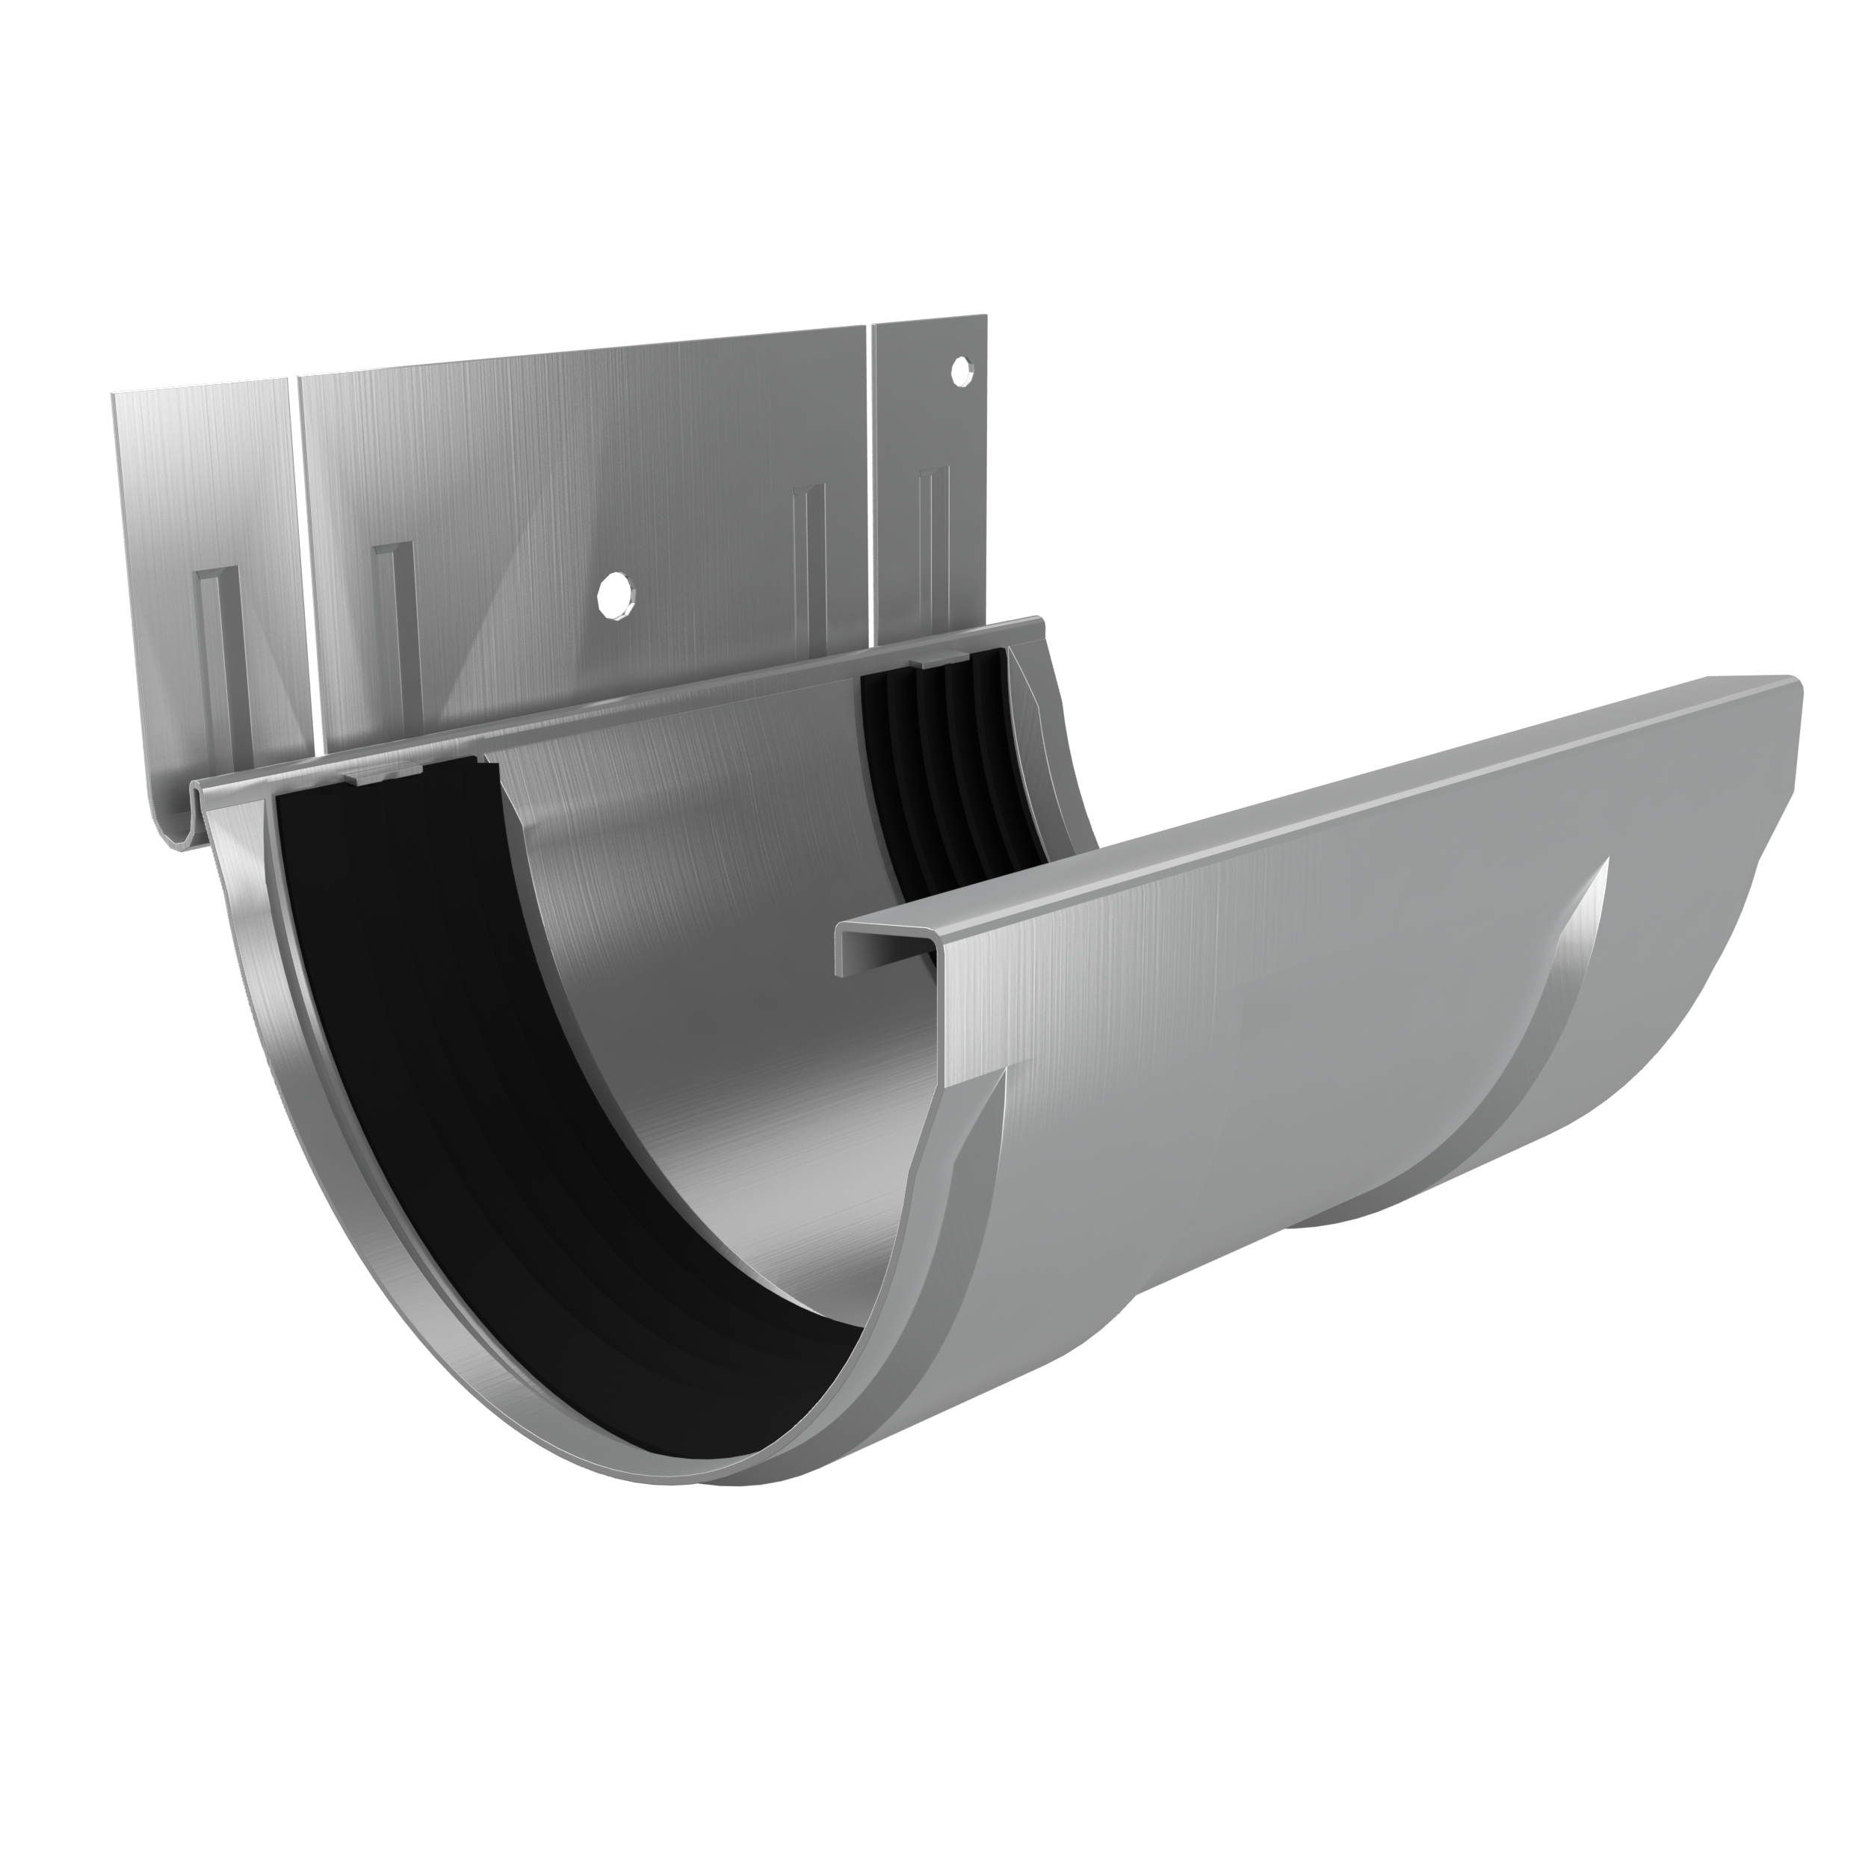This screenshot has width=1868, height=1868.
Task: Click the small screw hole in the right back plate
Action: pos(960,371)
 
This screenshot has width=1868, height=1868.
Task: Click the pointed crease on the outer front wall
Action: pos(1586,928)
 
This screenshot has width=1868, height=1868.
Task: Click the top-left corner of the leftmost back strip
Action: pos(114,395)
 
